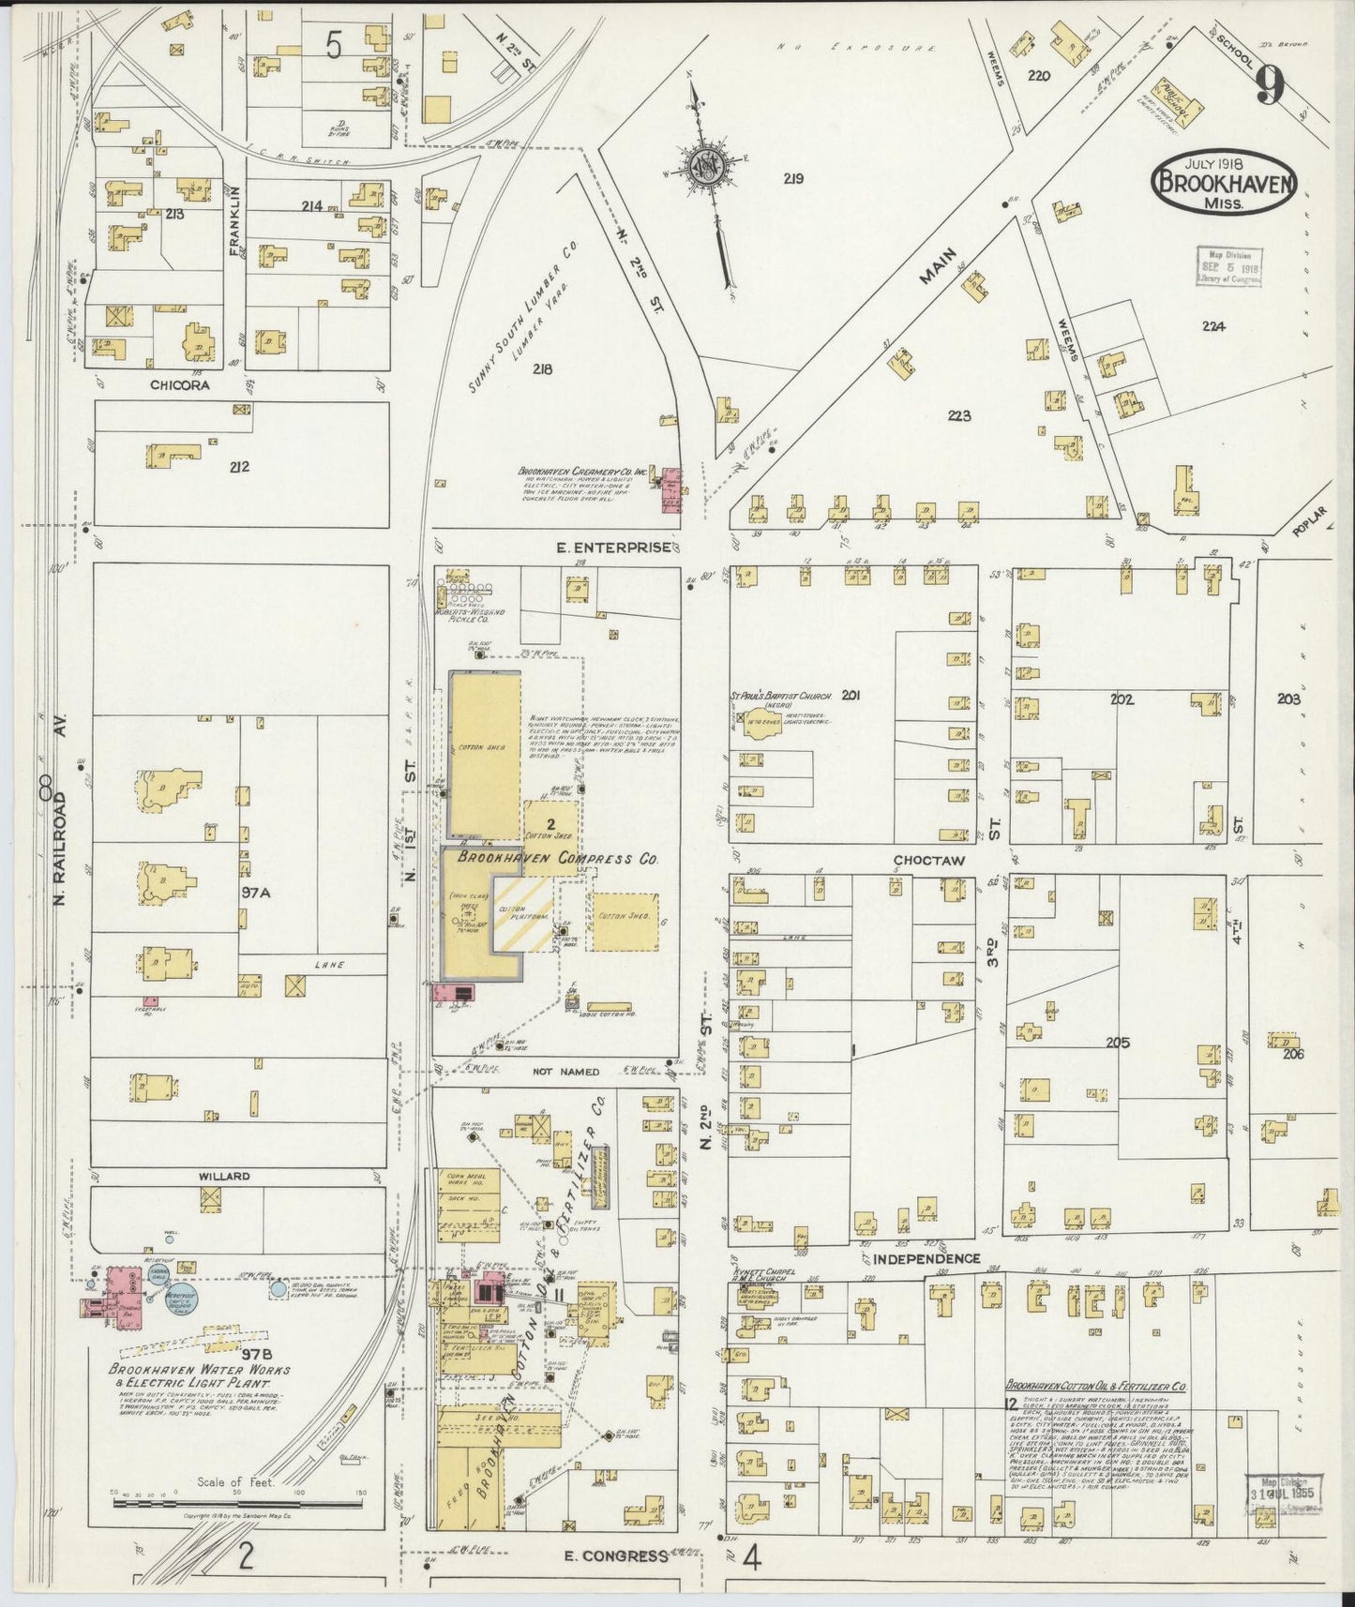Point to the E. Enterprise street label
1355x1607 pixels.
pyautogui.click(x=614, y=548)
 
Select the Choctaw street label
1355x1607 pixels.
pyautogui.click(x=928, y=860)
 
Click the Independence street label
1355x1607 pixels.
pyautogui.click(x=926, y=1258)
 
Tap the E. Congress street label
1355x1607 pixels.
pyautogui.click(x=616, y=1555)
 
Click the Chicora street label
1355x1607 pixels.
pyautogui.click(x=179, y=384)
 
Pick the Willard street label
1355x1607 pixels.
pyautogui.click(x=222, y=1176)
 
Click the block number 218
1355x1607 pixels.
pyautogui.click(x=541, y=368)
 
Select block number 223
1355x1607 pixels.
pyautogui.click(x=958, y=416)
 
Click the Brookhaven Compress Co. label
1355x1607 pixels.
pyautogui.click(x=557, y=858)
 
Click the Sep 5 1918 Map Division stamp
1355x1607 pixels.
pyautogui.click(x=1228, y=266)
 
